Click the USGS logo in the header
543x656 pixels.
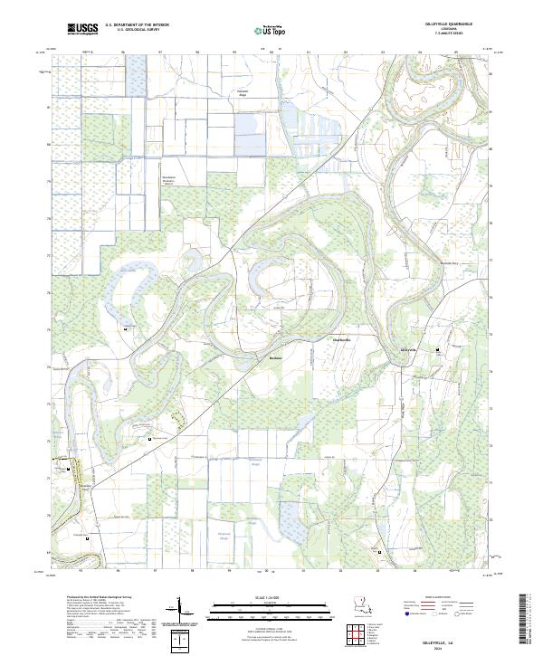pyautogui.click(x=82, y=30)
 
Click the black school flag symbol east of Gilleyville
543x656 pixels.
pyautogui.click(x=440, y=349)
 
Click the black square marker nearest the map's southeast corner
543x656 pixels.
pyautogui.click(x=379, y=551)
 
